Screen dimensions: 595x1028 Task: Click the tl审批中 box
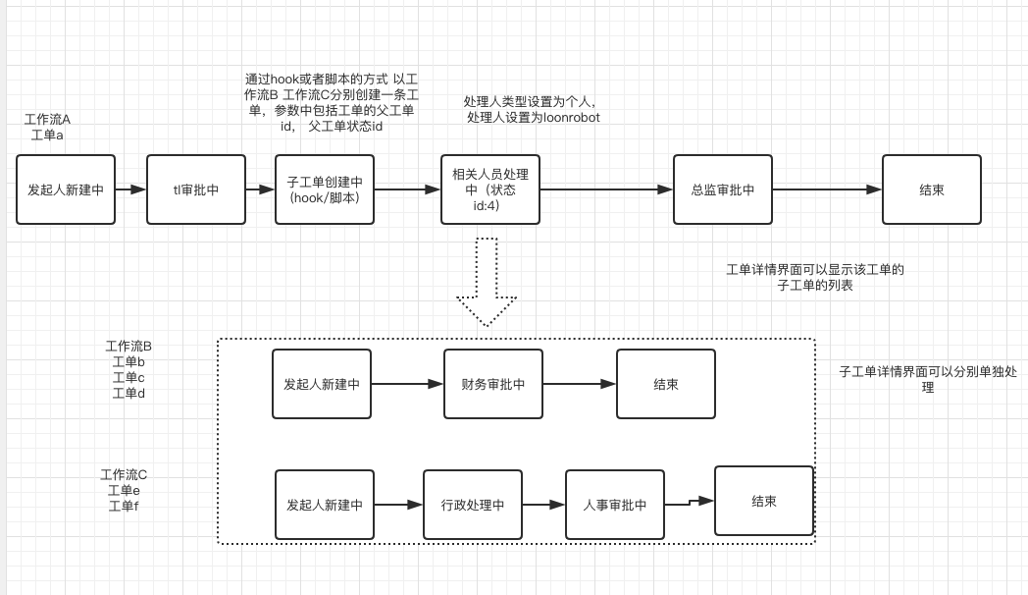[196, 189]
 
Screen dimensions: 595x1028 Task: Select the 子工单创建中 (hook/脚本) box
[325, 189]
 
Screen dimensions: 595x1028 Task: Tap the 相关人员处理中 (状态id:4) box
[490, 189]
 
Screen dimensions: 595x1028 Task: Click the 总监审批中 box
[722, 189]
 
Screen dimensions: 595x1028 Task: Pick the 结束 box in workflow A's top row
[931, 189]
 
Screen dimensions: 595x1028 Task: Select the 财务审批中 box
[492, 384]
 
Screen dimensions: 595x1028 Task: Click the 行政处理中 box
[473, 505]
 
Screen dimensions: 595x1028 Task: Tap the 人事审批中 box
[614, 505]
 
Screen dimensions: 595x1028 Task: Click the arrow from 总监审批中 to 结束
[826, 189]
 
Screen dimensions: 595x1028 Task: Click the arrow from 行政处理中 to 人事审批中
[543, 505]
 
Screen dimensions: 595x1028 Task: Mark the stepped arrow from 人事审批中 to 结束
[689, 503]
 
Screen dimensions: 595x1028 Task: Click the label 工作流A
[47, 119]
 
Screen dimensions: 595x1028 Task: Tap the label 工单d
[128, 393]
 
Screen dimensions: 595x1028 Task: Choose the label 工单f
[124, 506]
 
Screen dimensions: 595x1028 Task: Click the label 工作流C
[124, 474]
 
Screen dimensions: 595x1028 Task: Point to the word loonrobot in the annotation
[571, 117]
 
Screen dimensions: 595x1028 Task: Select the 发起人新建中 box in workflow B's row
[321, 384]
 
